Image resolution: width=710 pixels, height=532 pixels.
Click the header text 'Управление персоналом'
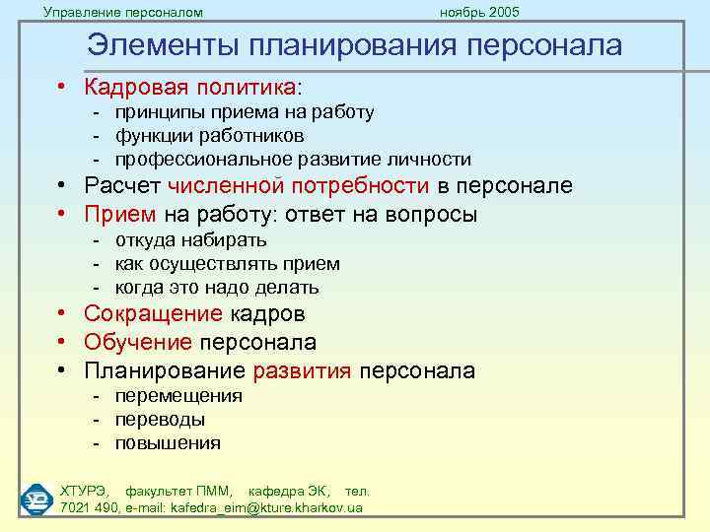[123, 12]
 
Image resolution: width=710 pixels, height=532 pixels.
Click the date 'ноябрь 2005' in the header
[479, 12]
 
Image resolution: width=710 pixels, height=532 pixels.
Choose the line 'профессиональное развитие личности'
[293, 159]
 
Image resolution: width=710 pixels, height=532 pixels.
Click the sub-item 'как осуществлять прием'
[227, 264]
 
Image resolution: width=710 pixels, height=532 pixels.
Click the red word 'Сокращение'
[154, 314]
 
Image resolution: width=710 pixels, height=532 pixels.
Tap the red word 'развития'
[303, 371]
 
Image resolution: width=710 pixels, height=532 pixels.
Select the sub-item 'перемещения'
[178, 396]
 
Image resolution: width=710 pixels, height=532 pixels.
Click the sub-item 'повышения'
[168, 443]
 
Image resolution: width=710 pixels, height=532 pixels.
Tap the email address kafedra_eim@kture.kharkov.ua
[266, 507]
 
